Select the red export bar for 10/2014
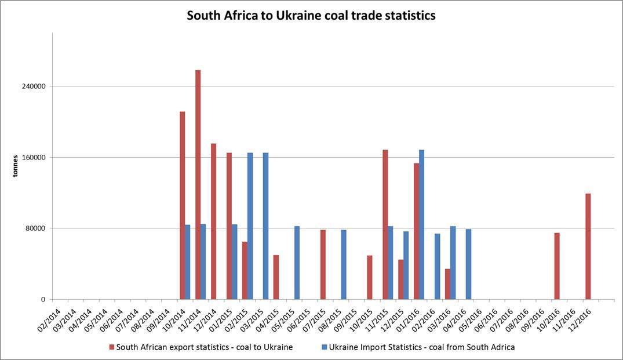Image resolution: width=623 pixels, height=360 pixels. point(182,205)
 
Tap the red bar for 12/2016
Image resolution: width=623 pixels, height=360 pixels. point(588,246)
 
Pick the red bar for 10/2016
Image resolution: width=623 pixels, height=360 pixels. point(557,266)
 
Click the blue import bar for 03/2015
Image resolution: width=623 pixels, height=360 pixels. point(265,226)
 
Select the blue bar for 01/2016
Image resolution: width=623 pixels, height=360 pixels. point(422,224)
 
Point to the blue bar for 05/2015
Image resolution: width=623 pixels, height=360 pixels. point(297,263)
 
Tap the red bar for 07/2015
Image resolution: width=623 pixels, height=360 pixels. point(323,264)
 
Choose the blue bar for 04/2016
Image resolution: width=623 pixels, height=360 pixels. point(468,264)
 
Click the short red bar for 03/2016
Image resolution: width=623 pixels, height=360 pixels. point(447,284)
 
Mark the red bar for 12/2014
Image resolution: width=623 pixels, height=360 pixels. point(213,221)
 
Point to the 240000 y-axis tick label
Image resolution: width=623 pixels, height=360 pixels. point(34,86)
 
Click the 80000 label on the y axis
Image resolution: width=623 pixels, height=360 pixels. point(35,228)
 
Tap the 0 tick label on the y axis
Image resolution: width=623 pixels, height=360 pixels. point(42,300)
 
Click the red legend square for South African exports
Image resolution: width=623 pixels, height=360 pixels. point(112,347)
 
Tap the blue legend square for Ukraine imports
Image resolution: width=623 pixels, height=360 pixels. point(324,347)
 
